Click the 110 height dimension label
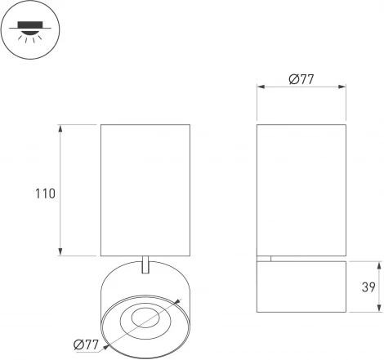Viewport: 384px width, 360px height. [45, 194]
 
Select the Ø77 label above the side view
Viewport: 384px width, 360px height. [301, 79]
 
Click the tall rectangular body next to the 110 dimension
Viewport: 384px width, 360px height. [145, 189]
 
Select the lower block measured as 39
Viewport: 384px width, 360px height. [301, 287]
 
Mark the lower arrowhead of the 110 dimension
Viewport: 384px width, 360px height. [61, 251]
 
